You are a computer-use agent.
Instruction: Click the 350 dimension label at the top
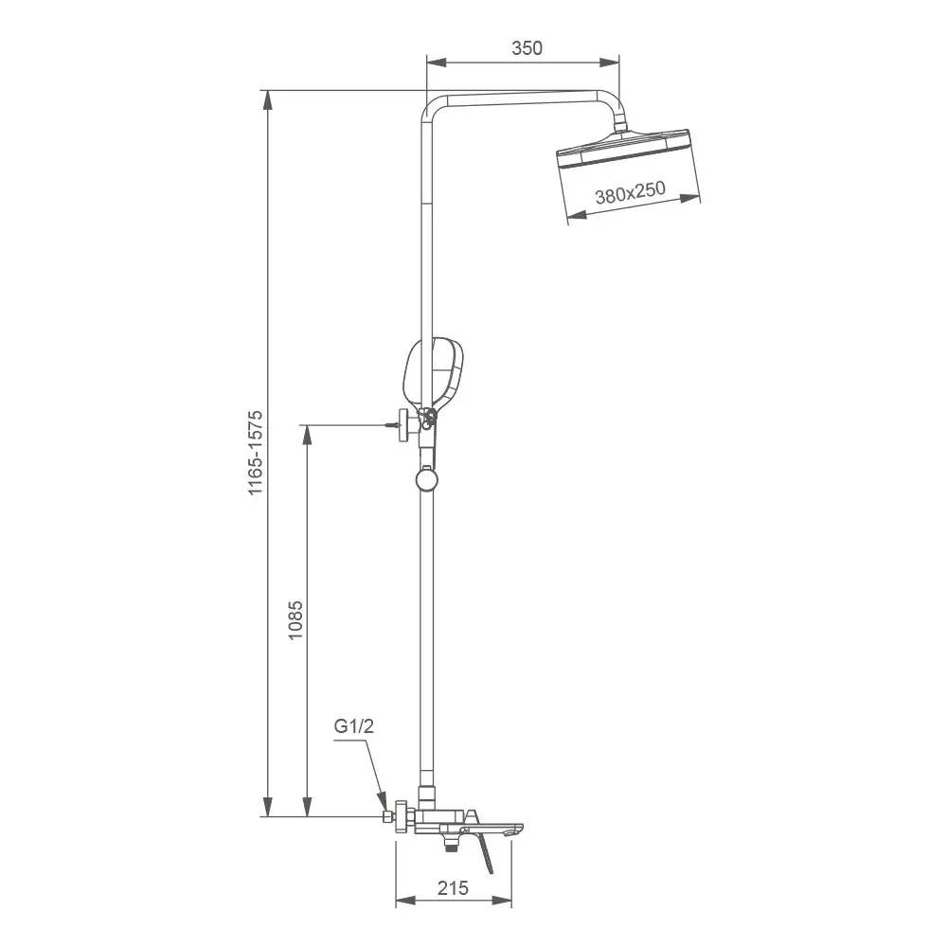click(x=527, y=48)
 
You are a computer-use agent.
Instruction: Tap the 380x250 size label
click(x=631, y=195)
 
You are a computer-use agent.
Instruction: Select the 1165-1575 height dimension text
click(x=255, y=454)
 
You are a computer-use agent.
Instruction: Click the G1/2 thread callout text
click(x=354, y=727)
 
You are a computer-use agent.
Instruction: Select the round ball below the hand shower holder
click(x=427, y=481)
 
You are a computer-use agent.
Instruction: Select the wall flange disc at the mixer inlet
click(x=403, y=816)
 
